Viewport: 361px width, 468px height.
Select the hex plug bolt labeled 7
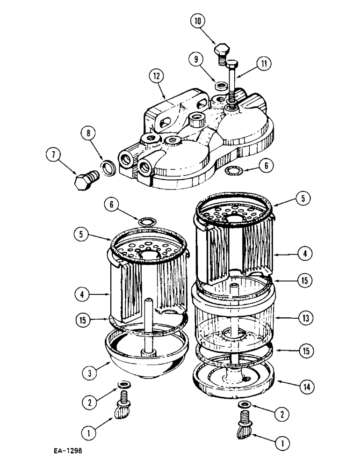click(x=85, y=178)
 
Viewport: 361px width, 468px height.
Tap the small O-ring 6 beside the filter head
click(x=230, y=168)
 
